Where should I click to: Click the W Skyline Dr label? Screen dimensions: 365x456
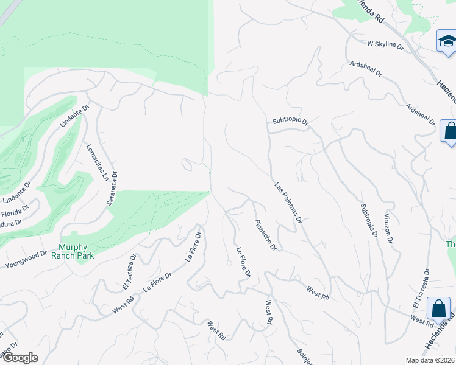click(385, 44)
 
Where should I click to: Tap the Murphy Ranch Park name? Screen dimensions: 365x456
click(81, 251)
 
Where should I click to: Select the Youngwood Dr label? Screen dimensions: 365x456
click(26, 260)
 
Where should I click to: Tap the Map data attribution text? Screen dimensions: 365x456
click(430, 360)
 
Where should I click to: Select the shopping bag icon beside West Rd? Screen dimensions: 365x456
click(438, 308)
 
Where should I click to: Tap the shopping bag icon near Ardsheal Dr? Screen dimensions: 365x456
click(449, 131)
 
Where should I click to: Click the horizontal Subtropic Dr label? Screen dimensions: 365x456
click(291, 122)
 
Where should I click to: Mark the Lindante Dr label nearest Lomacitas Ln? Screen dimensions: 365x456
click(74, 115)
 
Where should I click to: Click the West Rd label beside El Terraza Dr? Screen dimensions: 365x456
click(123, 305)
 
